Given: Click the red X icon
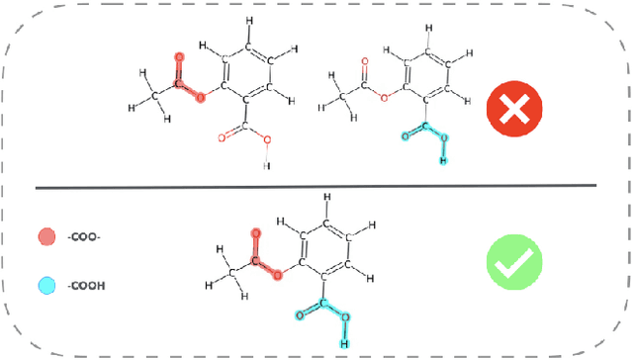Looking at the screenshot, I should (x=512, y=110).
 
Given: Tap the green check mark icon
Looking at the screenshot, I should (x=513, y=262).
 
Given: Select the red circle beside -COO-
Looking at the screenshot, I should (x=45, y=237).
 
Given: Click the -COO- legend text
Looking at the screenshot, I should (x=83, y=237).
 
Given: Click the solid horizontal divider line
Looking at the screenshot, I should (x=316, y=186).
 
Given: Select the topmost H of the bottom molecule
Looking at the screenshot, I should (x=326, y=198).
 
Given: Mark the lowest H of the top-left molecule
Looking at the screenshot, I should (x=265, y=166).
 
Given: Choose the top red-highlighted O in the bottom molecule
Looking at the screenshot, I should (x=255, y=234).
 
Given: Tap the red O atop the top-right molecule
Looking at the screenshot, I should (x=365, y=62).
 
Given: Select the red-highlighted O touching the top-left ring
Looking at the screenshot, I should (x=200, y=97).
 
